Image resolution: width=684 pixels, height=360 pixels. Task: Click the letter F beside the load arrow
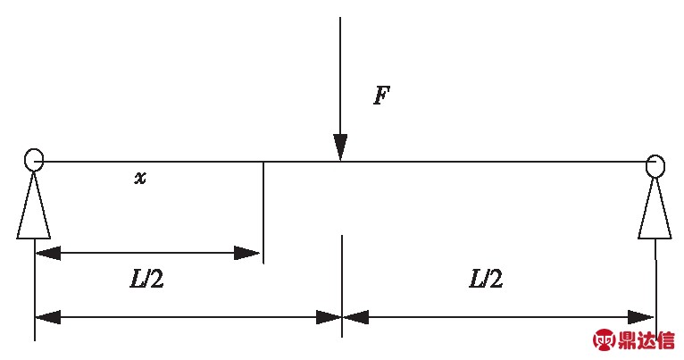381,96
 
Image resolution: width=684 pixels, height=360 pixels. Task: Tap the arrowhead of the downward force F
340,148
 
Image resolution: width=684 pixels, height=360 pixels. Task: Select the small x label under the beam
140,179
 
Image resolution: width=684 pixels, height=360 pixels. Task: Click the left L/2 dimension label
146,280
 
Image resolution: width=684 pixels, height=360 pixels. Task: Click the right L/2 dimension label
486,280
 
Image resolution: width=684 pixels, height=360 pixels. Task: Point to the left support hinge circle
34,160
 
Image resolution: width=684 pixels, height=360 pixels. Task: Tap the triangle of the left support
33,210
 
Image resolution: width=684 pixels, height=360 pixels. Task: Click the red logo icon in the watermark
605,340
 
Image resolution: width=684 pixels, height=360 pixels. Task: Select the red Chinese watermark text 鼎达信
647,340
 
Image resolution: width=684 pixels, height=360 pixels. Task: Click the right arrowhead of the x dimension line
247,253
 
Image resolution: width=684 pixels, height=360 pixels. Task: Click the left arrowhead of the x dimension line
47,253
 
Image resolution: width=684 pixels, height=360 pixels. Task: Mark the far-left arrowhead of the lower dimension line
47,316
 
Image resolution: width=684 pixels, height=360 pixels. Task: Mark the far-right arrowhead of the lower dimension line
642,316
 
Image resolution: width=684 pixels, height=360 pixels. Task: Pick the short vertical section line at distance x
263,211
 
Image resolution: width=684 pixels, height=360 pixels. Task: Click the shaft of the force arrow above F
340,71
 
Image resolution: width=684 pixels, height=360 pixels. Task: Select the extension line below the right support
655,286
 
